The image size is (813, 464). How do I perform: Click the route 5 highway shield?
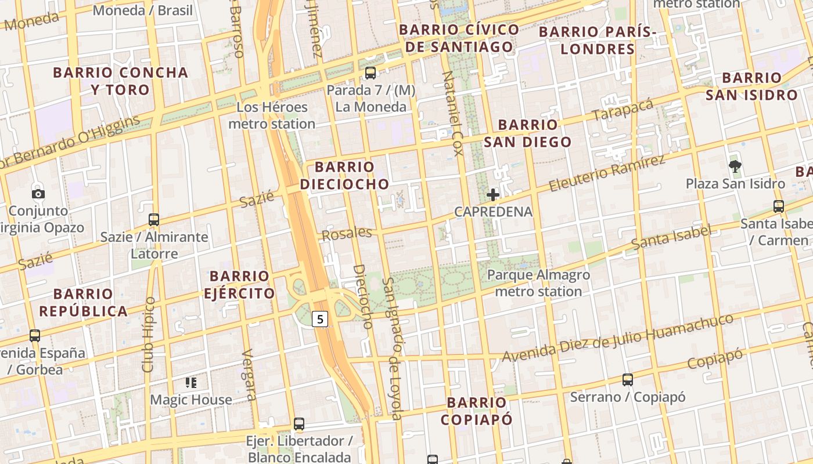[321, 318]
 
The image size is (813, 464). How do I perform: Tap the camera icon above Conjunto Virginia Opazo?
[38, 194]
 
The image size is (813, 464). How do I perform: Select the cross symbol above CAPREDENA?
[492, 195]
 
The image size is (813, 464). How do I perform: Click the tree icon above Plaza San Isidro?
[735, 167]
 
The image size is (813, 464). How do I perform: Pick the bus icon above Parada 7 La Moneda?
[370, 73]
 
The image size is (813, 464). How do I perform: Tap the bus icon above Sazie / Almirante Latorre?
[154, 220]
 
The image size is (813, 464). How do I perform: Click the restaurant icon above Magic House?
[191, 382]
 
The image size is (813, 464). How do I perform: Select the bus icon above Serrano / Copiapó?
[628, 380]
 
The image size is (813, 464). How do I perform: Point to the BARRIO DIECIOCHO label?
[344, 176]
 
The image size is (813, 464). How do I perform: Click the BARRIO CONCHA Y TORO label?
[121, 81]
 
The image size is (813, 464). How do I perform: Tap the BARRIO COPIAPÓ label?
[476, 411]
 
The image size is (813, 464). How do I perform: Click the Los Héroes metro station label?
[272, 115]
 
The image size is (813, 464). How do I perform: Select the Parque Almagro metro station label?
[538, 283]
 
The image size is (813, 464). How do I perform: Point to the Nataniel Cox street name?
[452, 113]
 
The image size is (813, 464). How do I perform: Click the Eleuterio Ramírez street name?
[606, 173]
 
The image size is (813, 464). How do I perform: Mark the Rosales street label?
[347, 234]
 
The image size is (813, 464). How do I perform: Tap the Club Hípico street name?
[149, 335]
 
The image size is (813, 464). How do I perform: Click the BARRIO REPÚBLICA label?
[84, 302]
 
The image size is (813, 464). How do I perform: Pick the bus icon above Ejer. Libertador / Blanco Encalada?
[299, 424]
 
